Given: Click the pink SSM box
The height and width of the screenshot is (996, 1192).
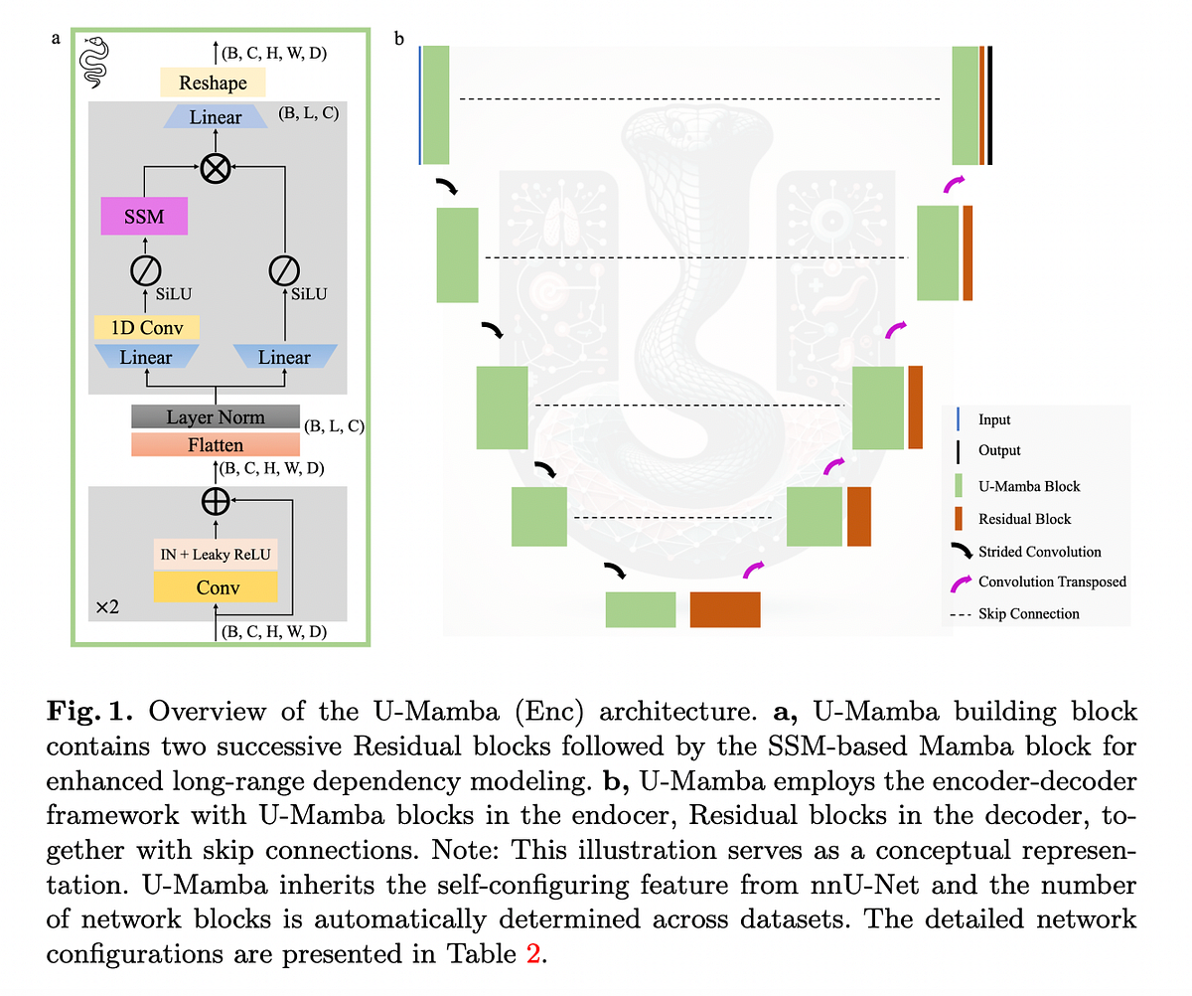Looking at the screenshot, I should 144,216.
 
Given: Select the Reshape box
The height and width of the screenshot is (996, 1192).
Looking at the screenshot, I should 213,83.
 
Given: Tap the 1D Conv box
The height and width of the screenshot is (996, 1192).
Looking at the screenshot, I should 146,327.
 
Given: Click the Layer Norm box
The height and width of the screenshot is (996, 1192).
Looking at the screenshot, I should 216,416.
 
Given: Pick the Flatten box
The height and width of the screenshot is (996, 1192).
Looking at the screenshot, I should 216,445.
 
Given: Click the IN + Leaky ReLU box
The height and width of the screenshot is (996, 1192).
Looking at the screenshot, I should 216,555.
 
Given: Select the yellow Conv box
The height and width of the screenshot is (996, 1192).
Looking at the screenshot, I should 216,587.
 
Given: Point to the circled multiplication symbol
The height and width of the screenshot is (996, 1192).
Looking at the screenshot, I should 216,169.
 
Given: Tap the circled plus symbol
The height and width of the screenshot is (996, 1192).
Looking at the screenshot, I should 216,502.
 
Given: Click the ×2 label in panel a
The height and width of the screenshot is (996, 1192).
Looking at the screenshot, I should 107,605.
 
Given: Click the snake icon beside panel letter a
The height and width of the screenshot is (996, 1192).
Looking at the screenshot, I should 96,61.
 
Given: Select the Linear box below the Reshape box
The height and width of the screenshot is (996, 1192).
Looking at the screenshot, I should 216,117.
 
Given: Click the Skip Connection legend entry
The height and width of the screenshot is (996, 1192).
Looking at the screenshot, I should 1028,614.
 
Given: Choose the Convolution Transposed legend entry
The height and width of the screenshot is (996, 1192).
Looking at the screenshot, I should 1051,581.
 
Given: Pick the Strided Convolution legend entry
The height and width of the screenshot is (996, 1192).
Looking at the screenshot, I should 1039,552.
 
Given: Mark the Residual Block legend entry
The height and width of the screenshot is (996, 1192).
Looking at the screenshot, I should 1024,519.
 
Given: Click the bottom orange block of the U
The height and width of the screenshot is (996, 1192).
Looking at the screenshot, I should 725,609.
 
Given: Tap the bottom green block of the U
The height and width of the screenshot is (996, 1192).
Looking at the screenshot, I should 641,609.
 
